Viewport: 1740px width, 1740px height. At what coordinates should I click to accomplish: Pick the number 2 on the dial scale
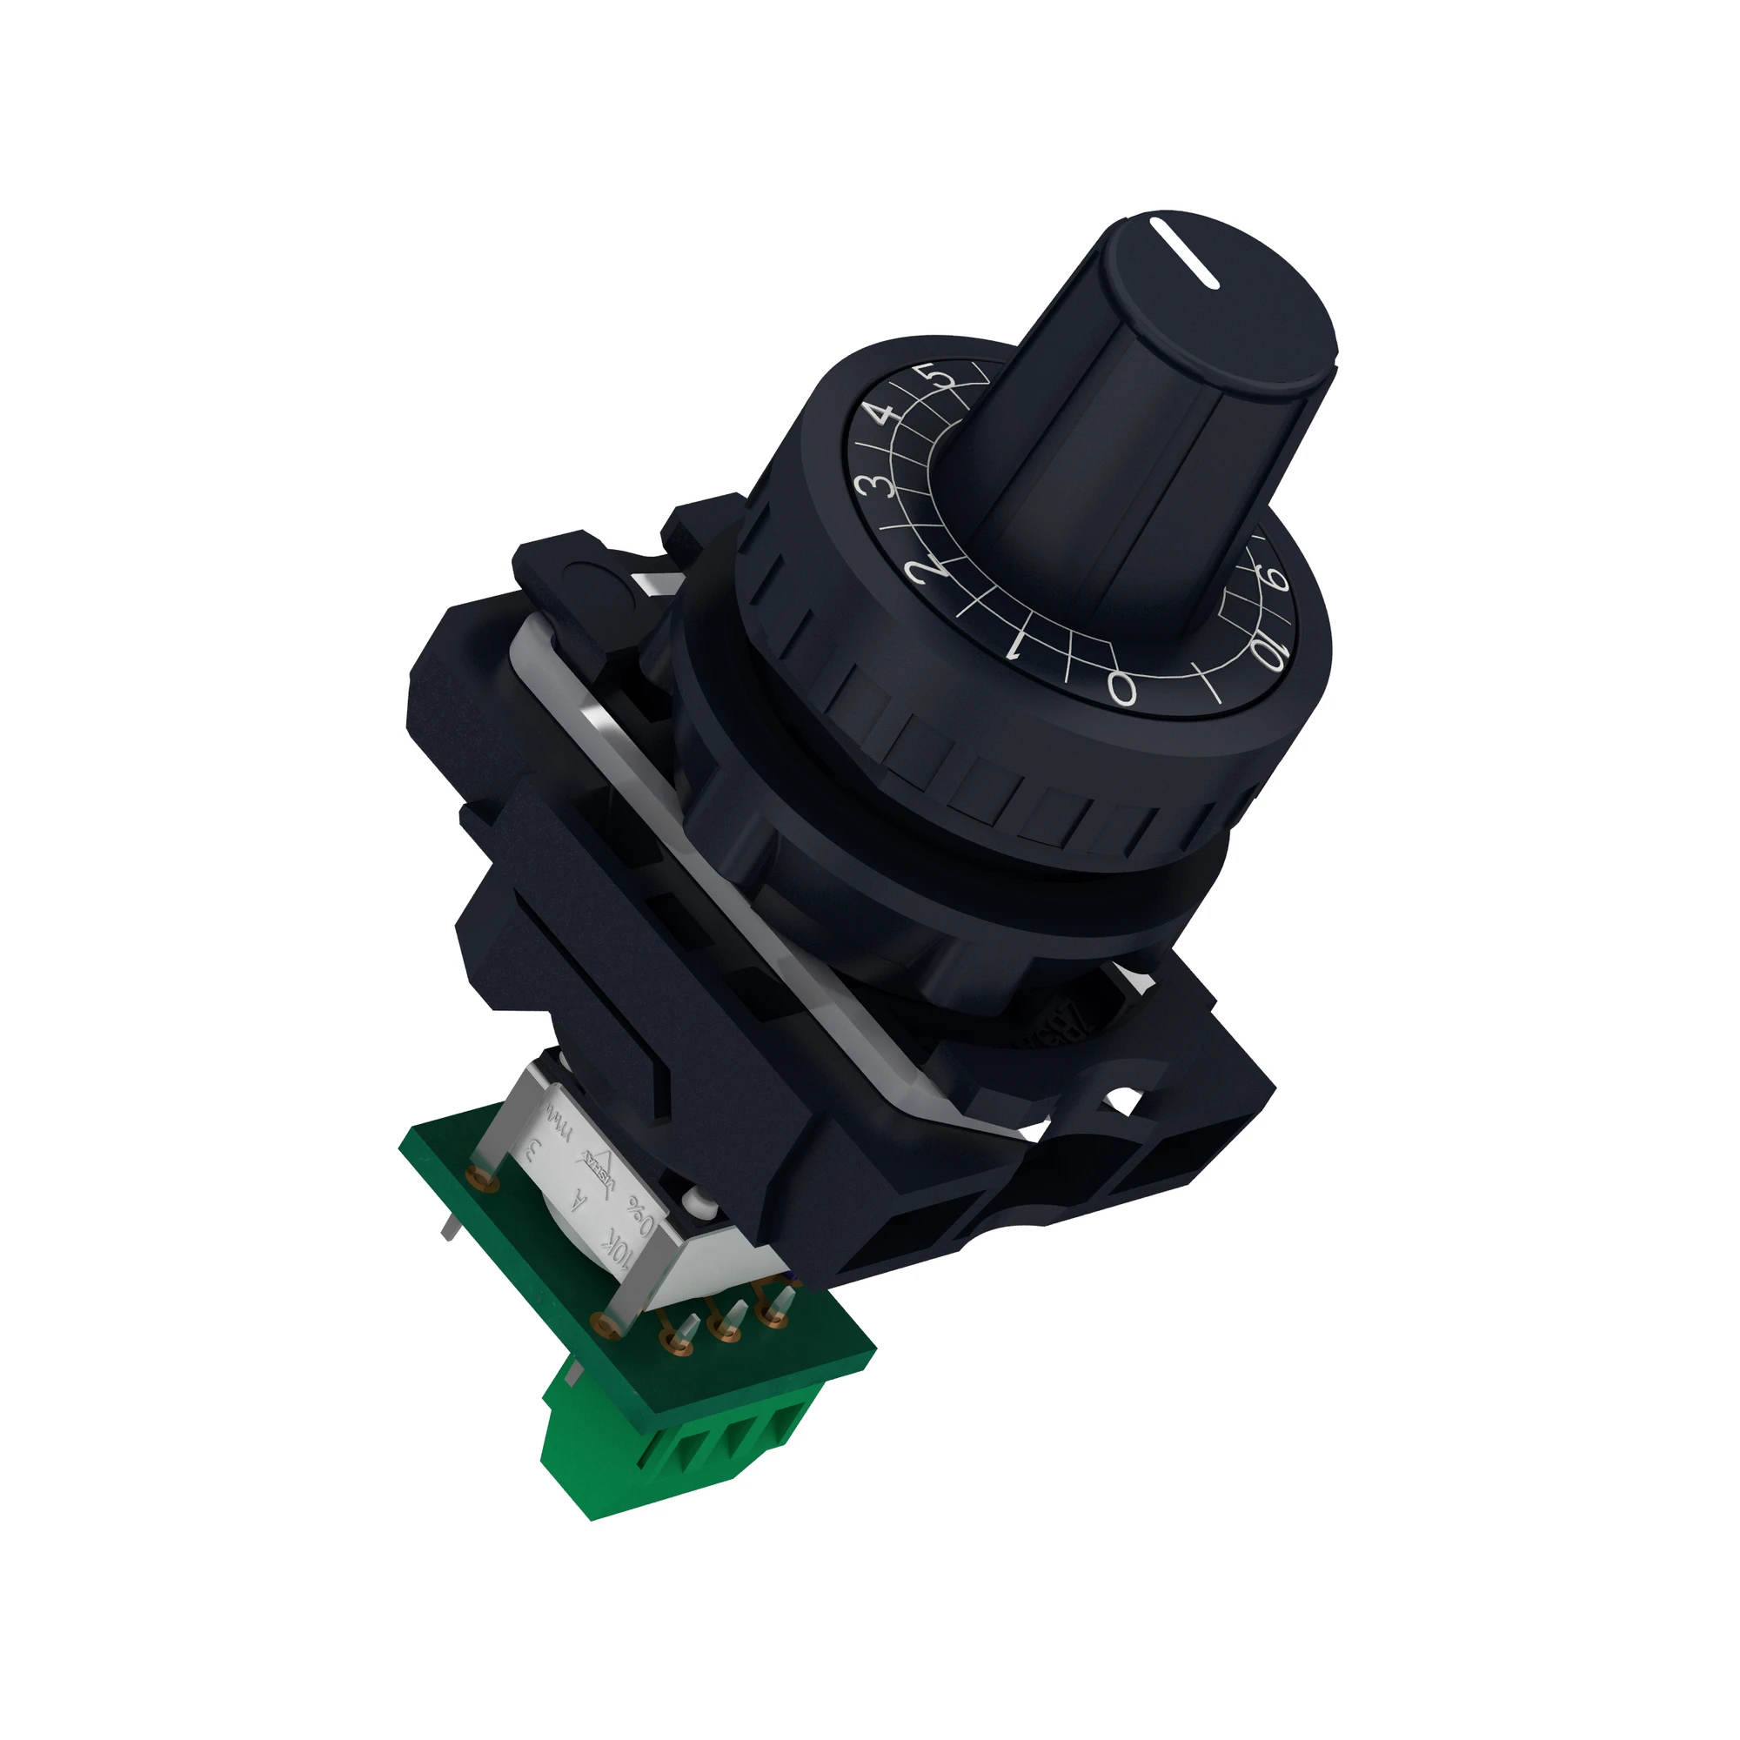coord(928,568)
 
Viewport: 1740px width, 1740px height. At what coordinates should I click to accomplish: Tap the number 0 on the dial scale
coord(1122,688)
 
